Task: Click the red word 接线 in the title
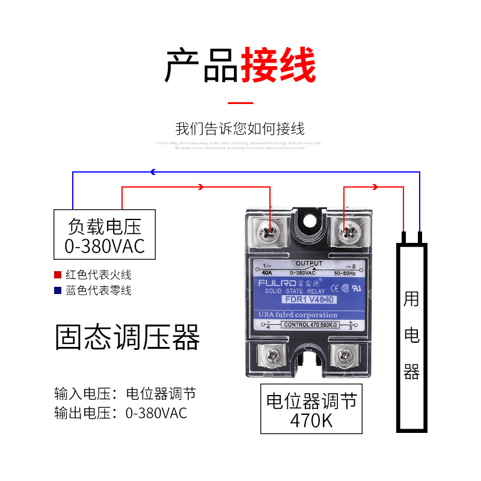pos(278,66)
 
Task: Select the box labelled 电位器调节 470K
pos(311,409)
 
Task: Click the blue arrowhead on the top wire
pos(153,172)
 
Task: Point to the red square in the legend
pos(58,275)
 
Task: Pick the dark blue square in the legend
pos(58,290)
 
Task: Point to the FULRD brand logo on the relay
pos(274,282)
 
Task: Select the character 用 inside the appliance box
pos(411,299)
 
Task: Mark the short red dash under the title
pos(240,103)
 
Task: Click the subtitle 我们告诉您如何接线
pos(240,129)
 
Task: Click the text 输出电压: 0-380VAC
pos(120,413)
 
